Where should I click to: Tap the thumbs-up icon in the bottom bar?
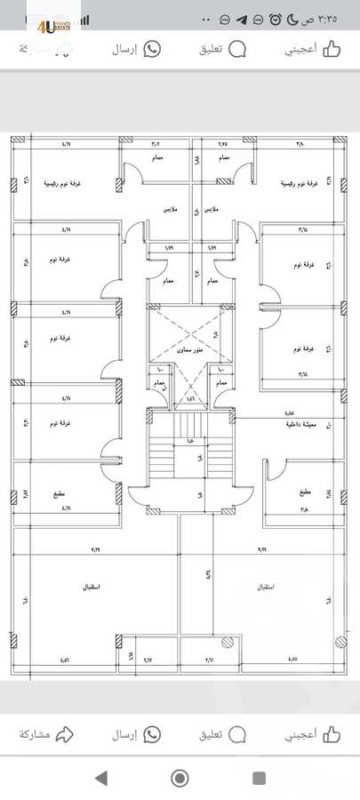(x=332, y=734)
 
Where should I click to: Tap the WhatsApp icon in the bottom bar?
(x=152, y=734)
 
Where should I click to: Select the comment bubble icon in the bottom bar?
(x=237, y=734)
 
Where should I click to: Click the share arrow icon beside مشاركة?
(x=63, y=734)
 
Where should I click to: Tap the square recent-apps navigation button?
(x=260, y=779)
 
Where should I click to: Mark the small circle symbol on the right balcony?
(x=228, y=642)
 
